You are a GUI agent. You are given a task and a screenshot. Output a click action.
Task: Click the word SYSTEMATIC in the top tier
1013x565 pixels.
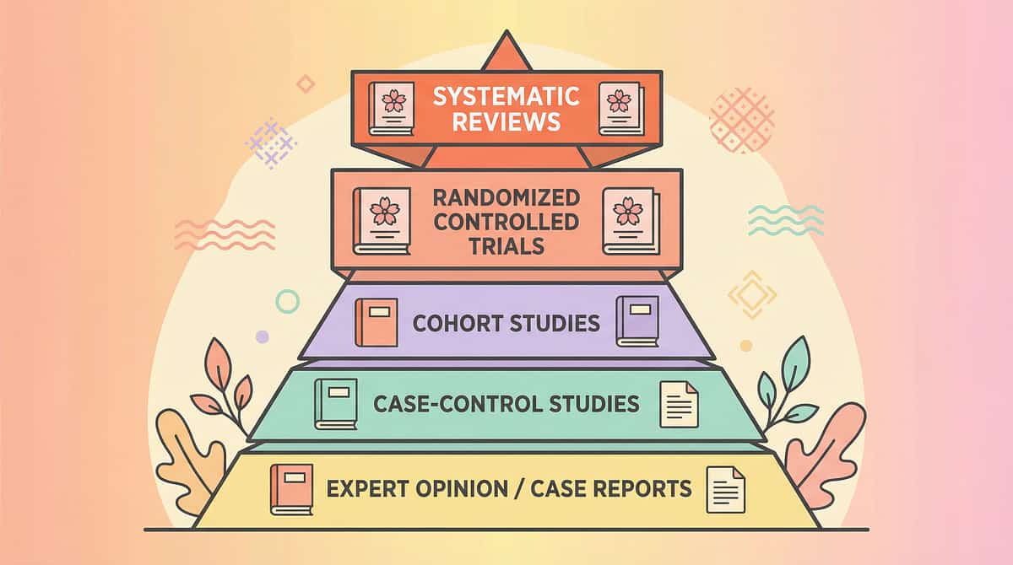506,96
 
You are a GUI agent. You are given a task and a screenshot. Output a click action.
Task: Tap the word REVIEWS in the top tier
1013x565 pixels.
506,121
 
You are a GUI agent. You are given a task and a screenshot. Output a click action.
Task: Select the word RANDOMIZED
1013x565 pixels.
506,198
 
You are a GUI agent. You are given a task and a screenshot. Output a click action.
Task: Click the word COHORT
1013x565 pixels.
458,323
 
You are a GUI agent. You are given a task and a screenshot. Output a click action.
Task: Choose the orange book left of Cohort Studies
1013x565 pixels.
376,322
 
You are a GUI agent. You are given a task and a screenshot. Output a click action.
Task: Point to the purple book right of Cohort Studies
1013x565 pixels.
637,321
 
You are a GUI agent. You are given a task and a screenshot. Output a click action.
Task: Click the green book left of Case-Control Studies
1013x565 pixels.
335,405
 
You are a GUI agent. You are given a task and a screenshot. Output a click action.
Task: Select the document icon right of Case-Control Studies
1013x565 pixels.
680,404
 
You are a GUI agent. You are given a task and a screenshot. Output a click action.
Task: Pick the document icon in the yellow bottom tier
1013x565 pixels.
726,488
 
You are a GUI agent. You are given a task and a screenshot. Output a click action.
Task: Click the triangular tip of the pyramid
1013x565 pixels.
506,52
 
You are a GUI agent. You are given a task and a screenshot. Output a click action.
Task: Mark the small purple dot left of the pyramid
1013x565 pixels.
262,337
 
